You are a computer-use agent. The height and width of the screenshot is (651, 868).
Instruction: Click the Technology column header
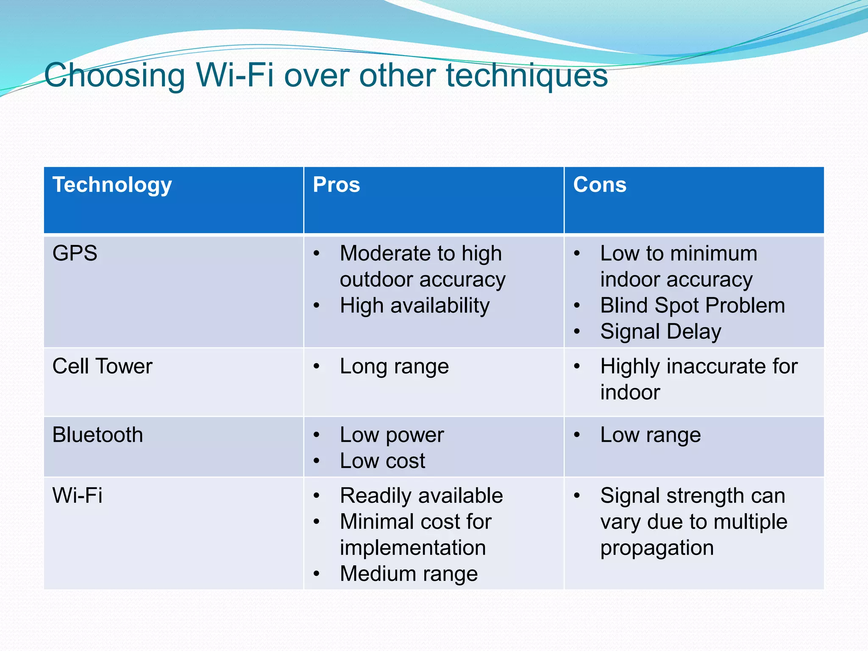point(112,185)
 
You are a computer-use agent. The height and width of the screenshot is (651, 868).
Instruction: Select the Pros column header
point(336,185)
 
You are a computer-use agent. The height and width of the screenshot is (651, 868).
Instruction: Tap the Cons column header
point(599,185)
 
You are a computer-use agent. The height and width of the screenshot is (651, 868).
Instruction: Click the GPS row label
point(75,253)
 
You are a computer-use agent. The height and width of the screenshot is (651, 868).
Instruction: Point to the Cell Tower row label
point(102,366)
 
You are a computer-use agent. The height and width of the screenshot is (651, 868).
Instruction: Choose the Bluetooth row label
point(97,435)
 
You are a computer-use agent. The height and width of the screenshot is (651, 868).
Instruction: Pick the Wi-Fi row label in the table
point(77,495)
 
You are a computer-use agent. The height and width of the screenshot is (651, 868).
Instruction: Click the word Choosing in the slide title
point(114,75)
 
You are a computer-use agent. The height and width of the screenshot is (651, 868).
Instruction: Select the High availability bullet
point(415,306)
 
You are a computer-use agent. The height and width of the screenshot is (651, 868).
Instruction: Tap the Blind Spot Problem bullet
point(692,306)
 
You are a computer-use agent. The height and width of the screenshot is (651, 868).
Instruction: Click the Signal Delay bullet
point(660,332)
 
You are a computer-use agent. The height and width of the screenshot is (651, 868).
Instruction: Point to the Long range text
point(394,367)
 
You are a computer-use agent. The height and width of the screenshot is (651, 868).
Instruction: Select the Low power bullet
point(392,435)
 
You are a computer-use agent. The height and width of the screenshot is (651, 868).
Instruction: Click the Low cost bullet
point(382,461)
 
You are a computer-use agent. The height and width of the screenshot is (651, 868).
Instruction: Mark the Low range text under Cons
point(650,435)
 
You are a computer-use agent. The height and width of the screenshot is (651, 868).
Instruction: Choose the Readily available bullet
point(421,496)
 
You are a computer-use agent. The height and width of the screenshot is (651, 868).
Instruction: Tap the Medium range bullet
point(409,574)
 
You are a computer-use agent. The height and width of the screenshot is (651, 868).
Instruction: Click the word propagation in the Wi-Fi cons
point(657,548)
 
